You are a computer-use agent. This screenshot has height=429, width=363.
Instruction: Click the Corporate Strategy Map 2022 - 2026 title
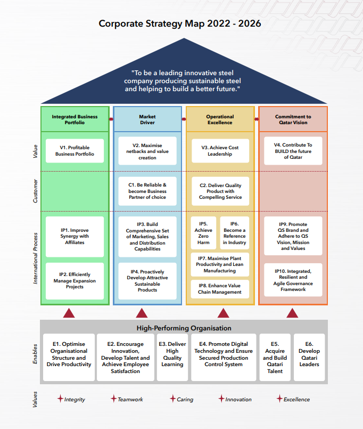(180, 24)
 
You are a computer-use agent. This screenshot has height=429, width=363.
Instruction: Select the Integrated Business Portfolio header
(75, 119)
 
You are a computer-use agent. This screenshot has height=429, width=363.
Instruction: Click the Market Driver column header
(147, 119)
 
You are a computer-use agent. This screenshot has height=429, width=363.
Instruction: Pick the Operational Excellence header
(220, 119)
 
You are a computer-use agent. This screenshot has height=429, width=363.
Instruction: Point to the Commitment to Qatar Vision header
(293, 119)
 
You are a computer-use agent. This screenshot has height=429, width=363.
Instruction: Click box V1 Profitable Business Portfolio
(75, 151)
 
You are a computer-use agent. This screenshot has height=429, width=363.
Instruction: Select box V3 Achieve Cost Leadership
(220, 151)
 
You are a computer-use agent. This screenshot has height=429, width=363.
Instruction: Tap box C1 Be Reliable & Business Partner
(147, 191)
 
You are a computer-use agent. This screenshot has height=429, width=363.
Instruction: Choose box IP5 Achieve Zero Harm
(203, 233)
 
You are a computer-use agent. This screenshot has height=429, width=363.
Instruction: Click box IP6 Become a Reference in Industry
(234, 233)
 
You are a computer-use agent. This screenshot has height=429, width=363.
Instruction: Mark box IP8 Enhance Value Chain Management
(220, 289)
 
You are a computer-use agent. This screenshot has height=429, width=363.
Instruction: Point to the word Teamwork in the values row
(130, 399)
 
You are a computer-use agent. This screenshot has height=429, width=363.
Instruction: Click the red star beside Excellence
(279, 399)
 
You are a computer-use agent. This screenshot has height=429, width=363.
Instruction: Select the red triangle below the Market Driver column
(141, 313)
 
